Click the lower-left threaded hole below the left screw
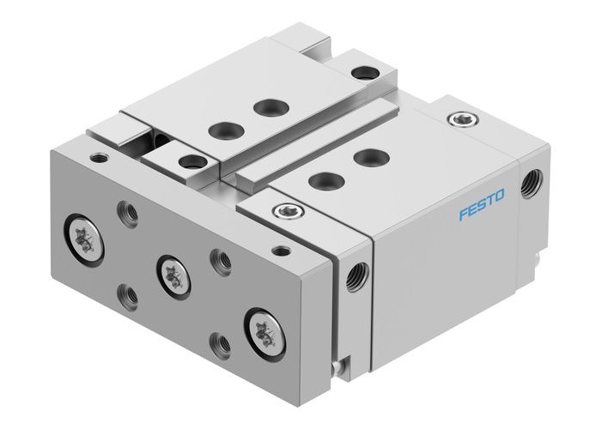128,293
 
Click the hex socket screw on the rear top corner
465,118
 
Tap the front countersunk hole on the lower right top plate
323,180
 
